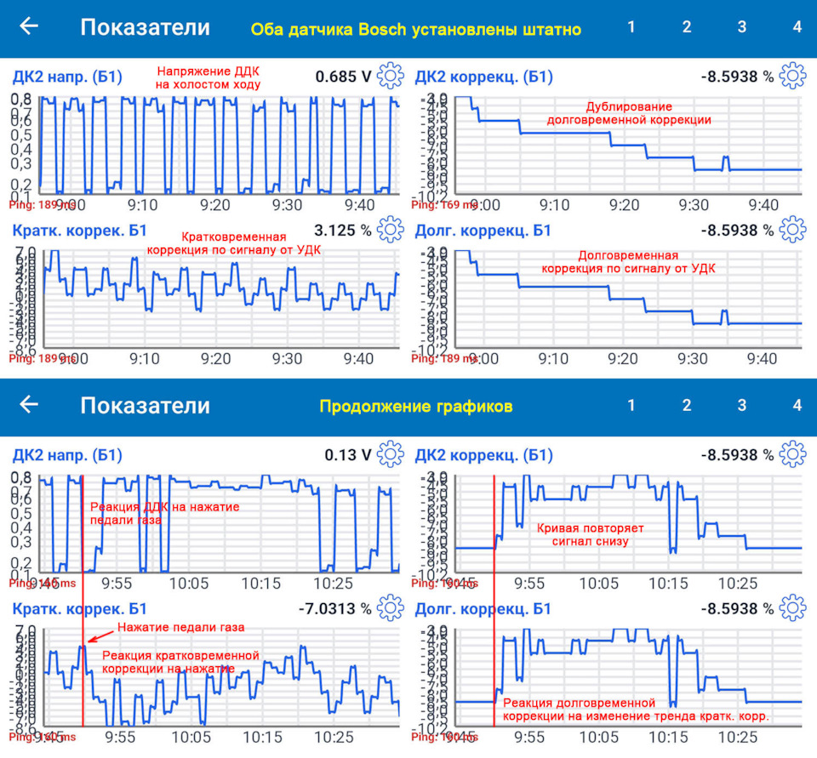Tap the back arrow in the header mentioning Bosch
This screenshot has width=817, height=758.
pos(29,26)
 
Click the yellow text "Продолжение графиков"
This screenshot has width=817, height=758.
pos(415,407)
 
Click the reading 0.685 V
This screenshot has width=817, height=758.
pos(343,77)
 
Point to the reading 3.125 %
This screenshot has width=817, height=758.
pos(343,230)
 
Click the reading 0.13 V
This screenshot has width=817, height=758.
pos(349,455)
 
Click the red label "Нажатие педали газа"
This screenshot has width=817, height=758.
pos(180,627)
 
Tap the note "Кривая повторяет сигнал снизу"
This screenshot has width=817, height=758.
pos(590,534)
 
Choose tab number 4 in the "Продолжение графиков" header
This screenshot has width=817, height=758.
pos(797,406)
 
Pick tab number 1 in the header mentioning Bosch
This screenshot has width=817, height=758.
pos(631,26)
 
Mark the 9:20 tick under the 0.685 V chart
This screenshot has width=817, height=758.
pos(214,205)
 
